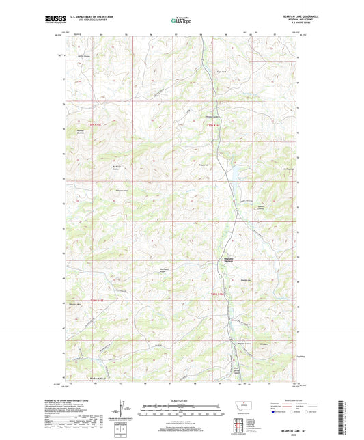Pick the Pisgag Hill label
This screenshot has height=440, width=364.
(x=204, y=165)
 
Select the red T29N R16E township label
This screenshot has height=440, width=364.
(x=216, y=294)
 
